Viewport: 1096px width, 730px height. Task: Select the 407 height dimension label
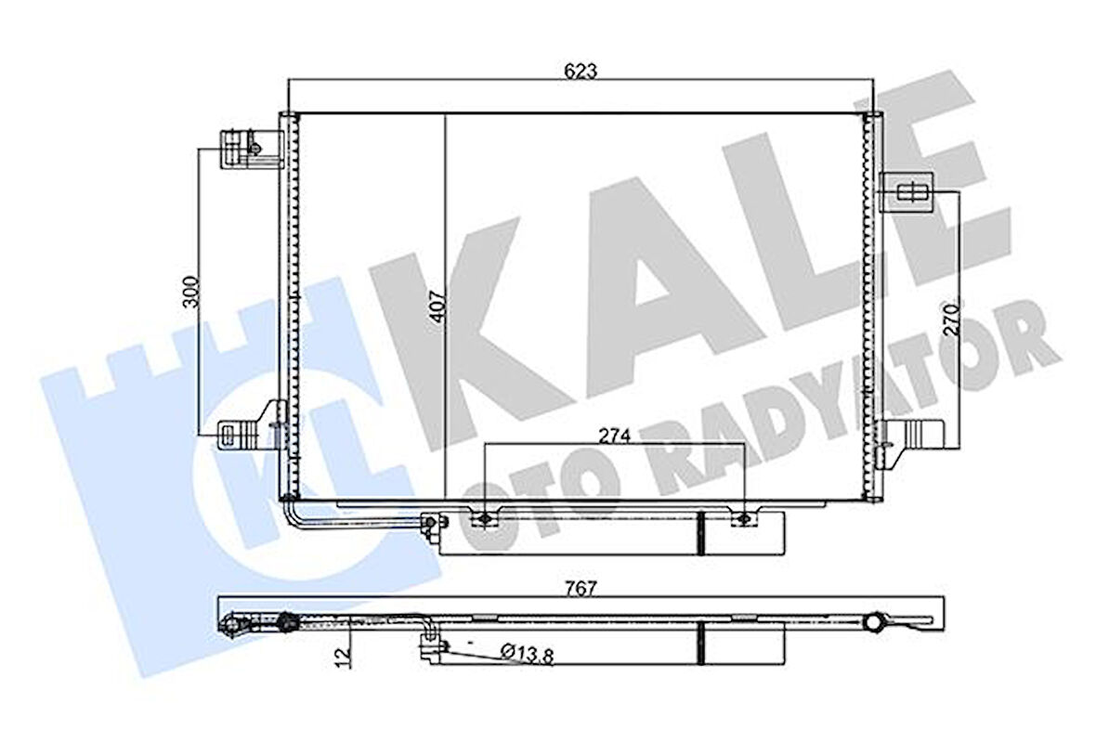[x=438, y=306]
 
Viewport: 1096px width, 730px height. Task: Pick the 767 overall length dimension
[x=581, y=587]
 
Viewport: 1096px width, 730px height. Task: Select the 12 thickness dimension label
[x=344, y=656]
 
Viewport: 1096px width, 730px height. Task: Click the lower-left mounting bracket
[x=248, y=430]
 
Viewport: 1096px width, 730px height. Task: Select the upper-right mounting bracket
[x=907, y=191]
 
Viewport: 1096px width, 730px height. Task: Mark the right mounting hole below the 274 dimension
[x=742, y=517]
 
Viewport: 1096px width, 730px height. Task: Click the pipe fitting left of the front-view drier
[x=430, y=525]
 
